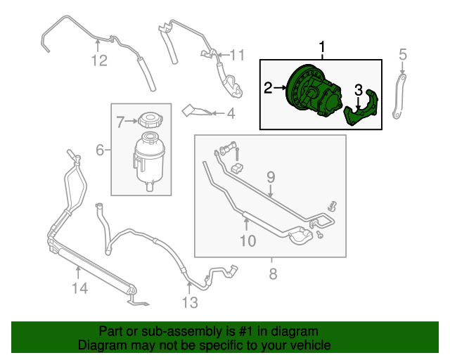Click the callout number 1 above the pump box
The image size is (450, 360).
coord(323,48)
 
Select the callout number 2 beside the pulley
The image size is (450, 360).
coord(268,88)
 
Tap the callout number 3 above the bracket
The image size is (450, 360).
coord(358,90)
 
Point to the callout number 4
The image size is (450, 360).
coord(230,112)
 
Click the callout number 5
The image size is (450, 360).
coord(403,54)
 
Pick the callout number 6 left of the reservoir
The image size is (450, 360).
coord(99,150)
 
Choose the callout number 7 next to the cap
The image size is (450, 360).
coord(120,122)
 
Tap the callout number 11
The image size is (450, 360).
coord(236,55)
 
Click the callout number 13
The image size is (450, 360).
coord(189,303)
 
